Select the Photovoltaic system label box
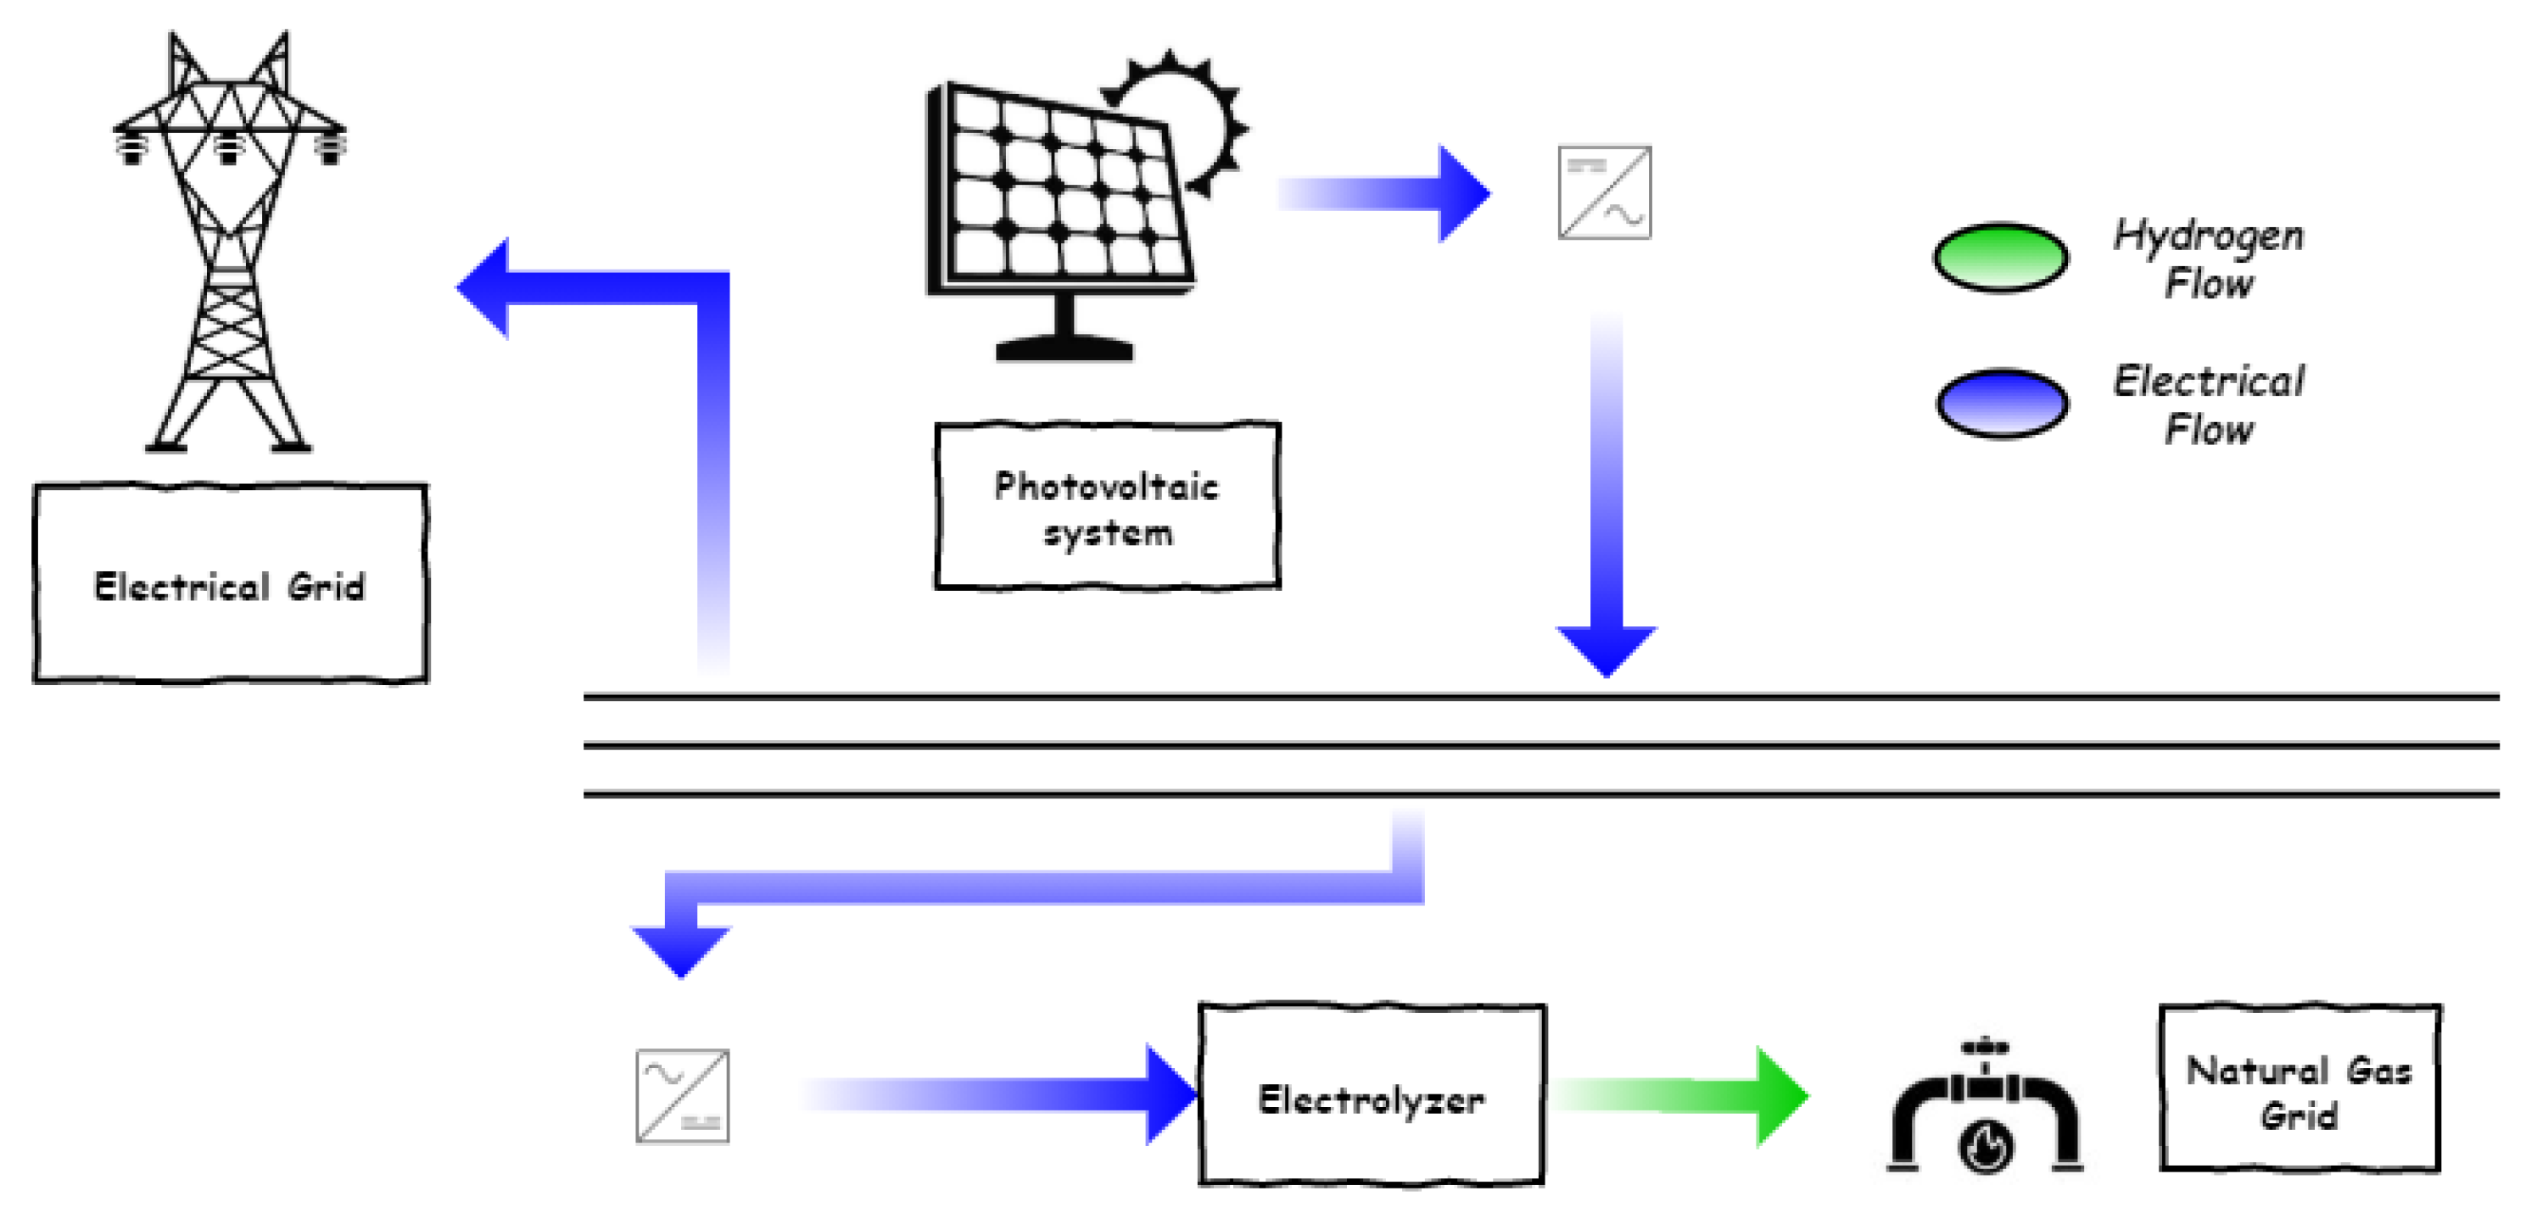click(x=1106, y=506)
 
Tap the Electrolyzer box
click(x=1371, y=1095)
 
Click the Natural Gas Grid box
click(x=2299, y=1088)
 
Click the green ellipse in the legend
click(x=1999, y=258)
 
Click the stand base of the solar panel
click(x=1064, y=348)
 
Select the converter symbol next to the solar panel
click(x=1604, y=193)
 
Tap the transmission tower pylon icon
click(x=228, y=246)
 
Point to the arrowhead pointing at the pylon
click(x=484, y=287)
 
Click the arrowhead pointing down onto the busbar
click(x=1607, y=650)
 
